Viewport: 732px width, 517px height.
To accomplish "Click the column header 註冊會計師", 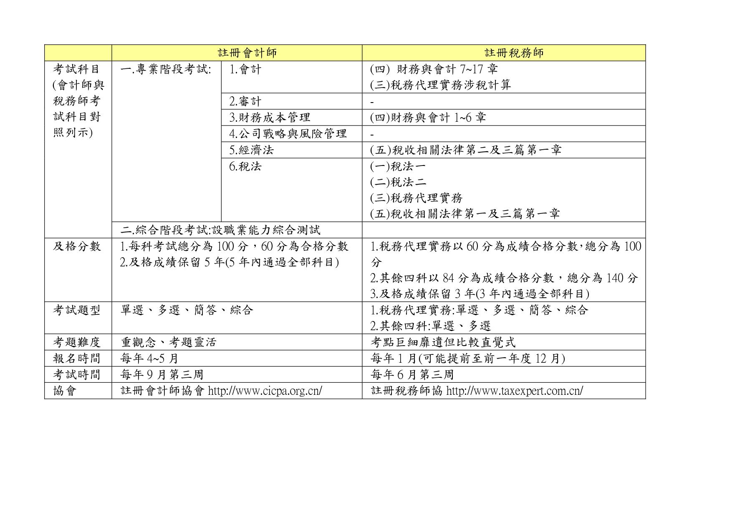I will pos(247,53).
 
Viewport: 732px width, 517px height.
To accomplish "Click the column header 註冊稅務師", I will pos(514,53).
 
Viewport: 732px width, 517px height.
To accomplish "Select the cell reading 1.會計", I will pos(245,69).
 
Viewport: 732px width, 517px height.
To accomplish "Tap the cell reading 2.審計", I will pos(245,101).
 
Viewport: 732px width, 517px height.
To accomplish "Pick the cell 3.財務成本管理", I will pos(270,118).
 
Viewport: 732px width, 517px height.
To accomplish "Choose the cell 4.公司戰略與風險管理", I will pos(288,134).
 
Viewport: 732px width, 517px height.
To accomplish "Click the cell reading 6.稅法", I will pos(245,166).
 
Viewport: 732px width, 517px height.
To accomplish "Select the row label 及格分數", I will pos(77,246).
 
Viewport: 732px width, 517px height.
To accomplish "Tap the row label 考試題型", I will pos(77,310).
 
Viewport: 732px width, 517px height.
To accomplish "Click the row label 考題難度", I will pos(77,342).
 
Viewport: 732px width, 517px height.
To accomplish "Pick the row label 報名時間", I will pos(77,359).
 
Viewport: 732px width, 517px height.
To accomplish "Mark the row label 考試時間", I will pos(77,375).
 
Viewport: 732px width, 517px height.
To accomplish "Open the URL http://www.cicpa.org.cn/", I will pos(265,391).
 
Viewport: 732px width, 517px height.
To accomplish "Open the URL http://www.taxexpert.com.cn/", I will pos(515,391).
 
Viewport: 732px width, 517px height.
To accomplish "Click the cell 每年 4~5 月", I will pos(149,359).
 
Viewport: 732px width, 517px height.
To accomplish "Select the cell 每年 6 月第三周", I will pos(412,375).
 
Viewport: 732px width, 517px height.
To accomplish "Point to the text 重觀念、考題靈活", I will pos(169,342).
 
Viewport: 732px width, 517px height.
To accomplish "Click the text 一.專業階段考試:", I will pos(166,69).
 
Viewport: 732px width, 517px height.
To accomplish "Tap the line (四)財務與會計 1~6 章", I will pos(428,118).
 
